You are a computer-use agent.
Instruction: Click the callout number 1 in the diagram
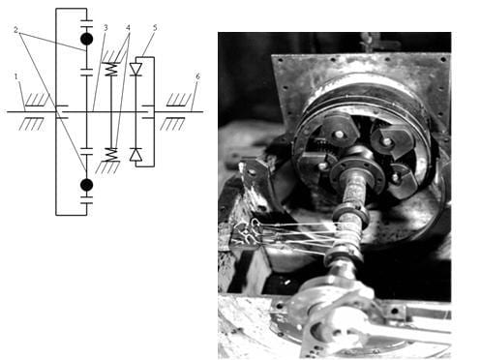(x=16, y=76)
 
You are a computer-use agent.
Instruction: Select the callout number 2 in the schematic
(x=15, y=30)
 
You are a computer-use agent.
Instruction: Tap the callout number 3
(x=105, y=28)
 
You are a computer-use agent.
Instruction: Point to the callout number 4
(x=129, y=28)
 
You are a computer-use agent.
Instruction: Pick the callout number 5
(x=155, y=27)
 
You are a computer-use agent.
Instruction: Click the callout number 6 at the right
(x=197, y=76)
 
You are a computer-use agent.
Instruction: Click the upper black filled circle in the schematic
(x=86, y=39)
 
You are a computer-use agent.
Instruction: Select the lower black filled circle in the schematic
(x=86, y=185)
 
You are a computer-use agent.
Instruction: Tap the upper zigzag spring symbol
(x=111, y=69)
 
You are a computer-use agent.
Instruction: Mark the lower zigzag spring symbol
(x=111, y=155)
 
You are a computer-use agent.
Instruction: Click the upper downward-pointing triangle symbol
(x=135, y=70)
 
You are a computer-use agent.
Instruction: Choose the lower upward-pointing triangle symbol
(x=135, y=155)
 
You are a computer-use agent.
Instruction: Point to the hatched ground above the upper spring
(x=112, y=57)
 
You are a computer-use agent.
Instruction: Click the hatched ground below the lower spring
(x=108, y=167)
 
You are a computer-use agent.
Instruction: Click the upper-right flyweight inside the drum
(x=391, y=139)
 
